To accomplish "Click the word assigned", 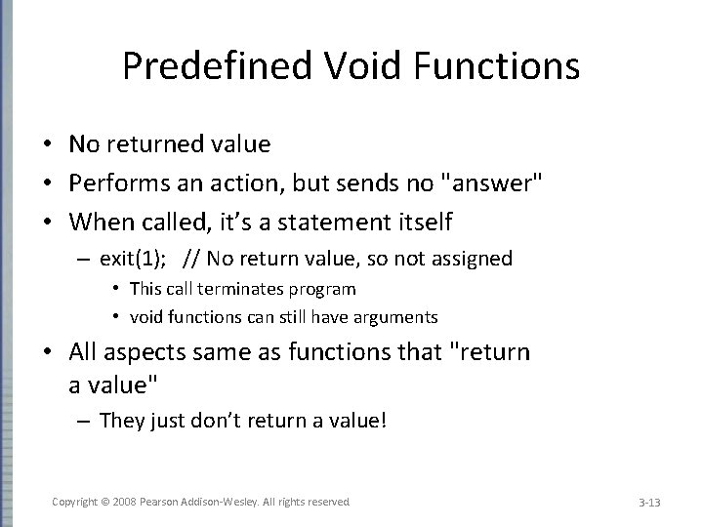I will coord(476,259).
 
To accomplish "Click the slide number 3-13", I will coord(649,502).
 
